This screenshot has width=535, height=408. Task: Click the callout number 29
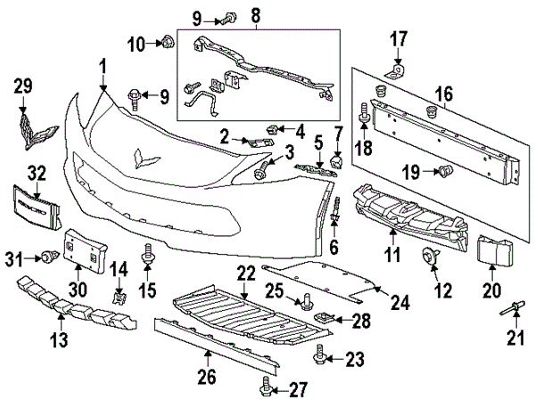point(23,86)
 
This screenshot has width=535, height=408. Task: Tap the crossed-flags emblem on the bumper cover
point(144,159)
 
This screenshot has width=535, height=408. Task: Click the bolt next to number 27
point(266,387)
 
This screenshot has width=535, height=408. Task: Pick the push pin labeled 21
point(515,311)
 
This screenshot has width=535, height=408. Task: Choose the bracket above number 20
point(493,251)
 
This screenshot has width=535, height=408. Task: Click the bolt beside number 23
point(317,358)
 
